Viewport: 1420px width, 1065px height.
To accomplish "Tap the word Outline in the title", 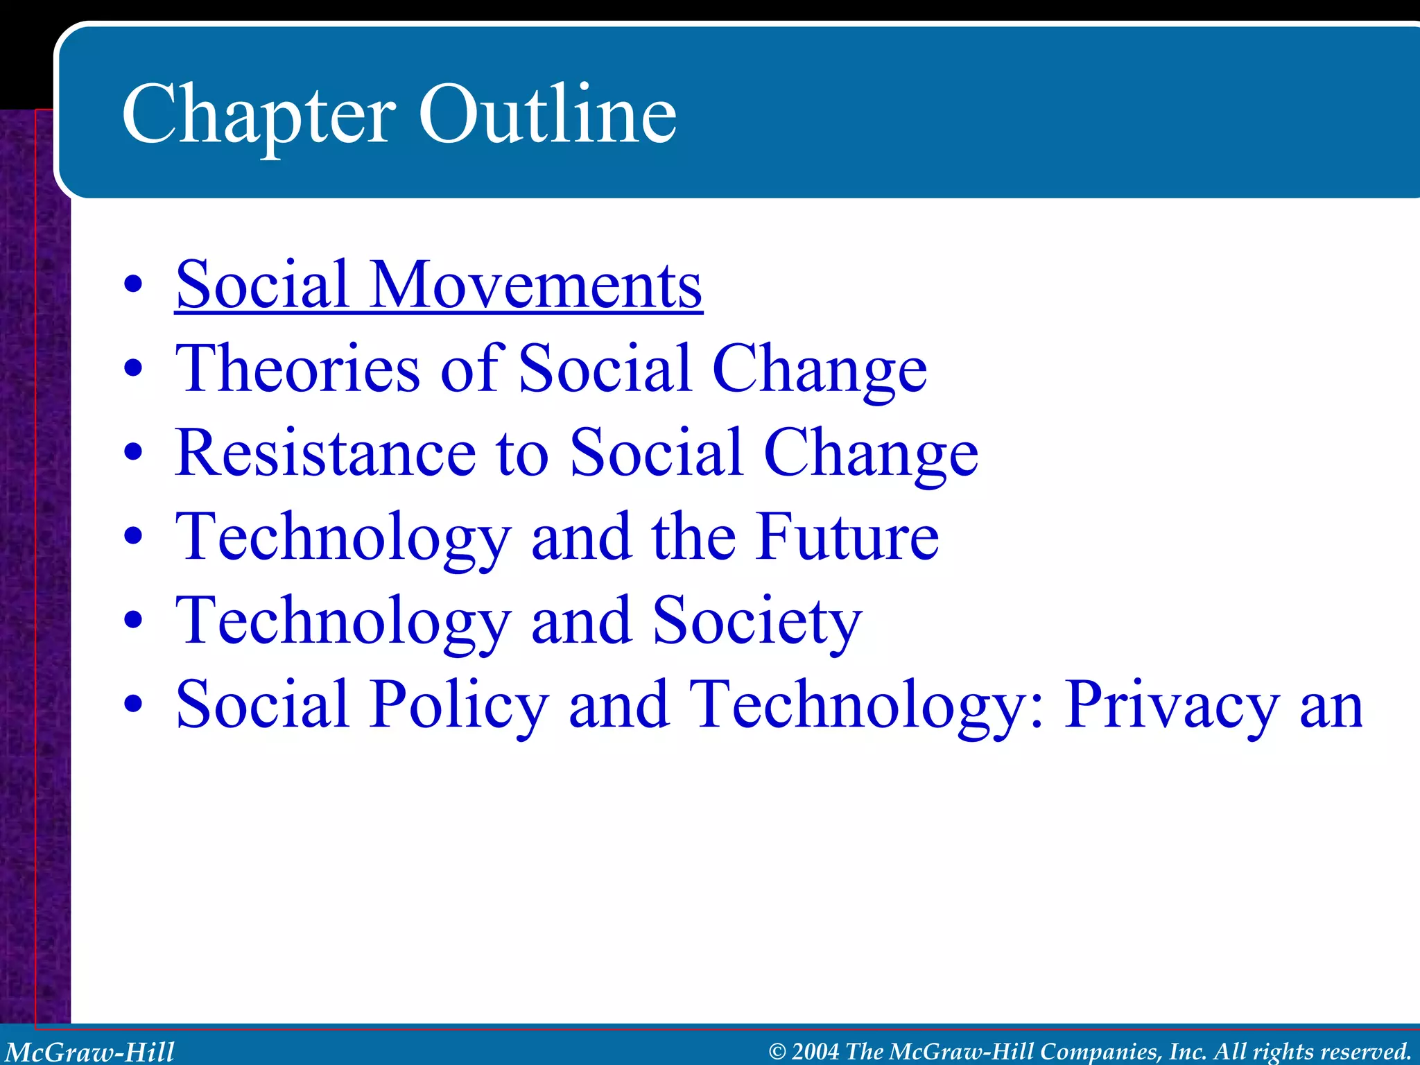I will pyautogui.click(x=547, y=114).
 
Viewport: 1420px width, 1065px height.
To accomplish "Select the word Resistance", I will pyautogui.click(x=325, y=453).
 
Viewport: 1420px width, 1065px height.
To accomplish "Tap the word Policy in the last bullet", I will pyautogui.click(x=459, y=704).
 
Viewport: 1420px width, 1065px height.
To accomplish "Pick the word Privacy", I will pyautogui.click(x=1172, y=704).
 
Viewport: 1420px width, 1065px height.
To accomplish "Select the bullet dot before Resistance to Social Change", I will pyautogui.click(x=132, y=453).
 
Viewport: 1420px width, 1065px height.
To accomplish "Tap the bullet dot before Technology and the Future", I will pyautogui.click(x=132, y=537).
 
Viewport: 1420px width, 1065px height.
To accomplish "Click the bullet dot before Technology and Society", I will pyautogui.click(x=132, y=621).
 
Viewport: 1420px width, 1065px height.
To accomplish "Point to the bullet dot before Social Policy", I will pyautogui.click(x=132, y=704).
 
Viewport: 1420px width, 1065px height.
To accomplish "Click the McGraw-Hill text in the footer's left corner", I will pyautogui.click(x=90, y=1051).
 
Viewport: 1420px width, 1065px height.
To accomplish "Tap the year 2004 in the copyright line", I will pyautogui.click(x=815, y=1051).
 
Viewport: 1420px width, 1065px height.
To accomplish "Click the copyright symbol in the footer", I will pyautogui.click(x=777, y=1052).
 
